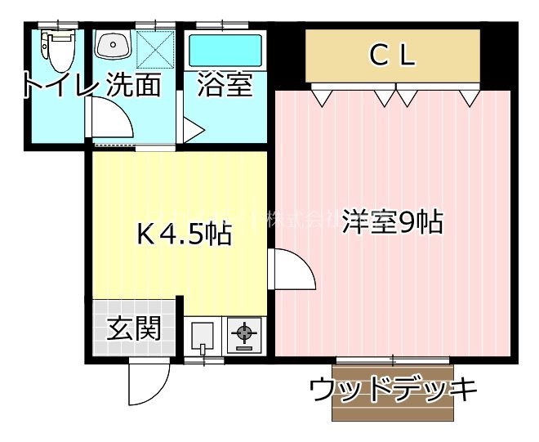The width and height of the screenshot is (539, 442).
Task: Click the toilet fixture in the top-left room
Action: click(58, 49)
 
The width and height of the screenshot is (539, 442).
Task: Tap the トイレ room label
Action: click(53, 86)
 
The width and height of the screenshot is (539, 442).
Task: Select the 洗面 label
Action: click(133, 86)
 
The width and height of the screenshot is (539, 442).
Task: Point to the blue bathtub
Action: click(225, 51)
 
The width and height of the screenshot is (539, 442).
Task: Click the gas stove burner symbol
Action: click(243, 333)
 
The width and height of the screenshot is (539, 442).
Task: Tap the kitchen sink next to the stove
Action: click(203, 335)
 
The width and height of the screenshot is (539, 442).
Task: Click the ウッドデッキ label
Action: click(393, 391)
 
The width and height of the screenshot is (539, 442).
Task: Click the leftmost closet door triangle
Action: click(324, 98)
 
